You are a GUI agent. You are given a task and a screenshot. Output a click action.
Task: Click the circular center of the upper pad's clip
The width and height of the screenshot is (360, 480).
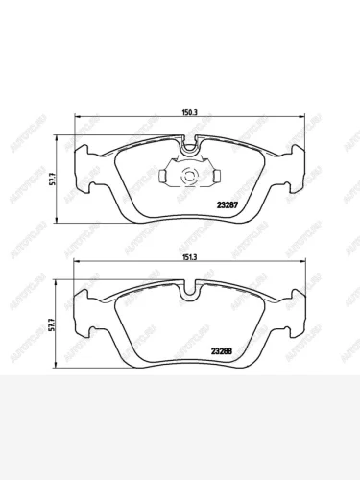(188, 175)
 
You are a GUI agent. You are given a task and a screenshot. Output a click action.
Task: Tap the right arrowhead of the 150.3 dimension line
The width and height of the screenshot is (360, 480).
(305, 118)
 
